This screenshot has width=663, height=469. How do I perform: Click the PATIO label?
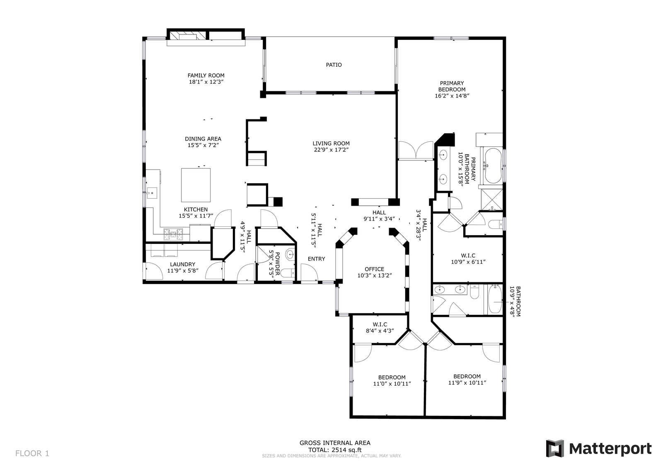334,65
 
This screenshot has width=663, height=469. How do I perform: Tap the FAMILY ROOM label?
206,75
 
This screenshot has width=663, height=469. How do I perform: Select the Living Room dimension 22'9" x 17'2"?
331,150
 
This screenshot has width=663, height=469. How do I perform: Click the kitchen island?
196,185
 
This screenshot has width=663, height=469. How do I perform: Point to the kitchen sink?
152,193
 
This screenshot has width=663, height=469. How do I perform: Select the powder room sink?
290,254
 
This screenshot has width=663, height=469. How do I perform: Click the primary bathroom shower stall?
492,200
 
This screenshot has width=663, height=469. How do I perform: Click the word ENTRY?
317,259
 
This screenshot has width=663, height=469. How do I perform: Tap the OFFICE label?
375,269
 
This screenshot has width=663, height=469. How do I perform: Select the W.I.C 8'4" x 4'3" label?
380,328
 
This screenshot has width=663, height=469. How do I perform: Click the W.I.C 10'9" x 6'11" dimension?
468,262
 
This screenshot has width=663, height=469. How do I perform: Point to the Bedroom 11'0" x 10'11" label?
392,381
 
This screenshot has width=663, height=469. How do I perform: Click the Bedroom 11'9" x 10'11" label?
467,379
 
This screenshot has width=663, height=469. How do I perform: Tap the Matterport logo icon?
555,448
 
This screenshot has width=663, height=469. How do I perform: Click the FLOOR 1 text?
32,453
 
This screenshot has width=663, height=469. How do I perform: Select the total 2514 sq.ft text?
335,450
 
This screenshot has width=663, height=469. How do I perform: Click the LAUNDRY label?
183,264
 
